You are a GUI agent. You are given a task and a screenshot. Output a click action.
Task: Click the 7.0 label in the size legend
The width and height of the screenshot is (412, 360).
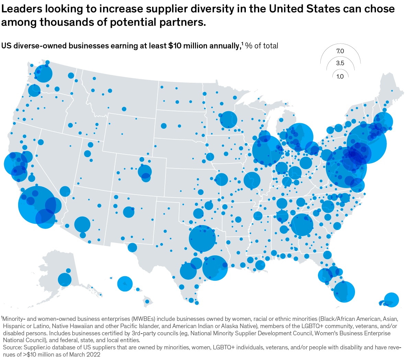(x=340, y=51)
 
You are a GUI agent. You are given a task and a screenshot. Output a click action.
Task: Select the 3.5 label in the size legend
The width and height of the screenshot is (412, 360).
(x=340, y=63)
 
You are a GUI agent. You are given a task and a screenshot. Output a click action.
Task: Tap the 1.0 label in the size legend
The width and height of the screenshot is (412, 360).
(x=340, y=76)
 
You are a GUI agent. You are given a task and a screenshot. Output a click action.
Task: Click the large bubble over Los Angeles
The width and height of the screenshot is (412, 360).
(x=37, y=205)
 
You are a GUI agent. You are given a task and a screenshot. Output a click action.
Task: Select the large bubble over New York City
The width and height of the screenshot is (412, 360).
(x=366, y=143)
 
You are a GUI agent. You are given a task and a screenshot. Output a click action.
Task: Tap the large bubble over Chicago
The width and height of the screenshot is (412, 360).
(x=267, y=150)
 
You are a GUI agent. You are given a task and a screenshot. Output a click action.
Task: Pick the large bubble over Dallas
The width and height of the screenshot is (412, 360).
(x=202, y=239)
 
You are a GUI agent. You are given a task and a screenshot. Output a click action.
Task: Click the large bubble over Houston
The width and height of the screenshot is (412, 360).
(x=215, y=268)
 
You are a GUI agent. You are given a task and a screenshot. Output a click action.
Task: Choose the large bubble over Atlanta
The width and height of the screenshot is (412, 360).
(x=301, y=224)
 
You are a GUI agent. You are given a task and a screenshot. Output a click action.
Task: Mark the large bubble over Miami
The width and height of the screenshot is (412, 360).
(x=344, y=291)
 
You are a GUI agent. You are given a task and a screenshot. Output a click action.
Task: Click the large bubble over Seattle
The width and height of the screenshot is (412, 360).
(x=44, y=73)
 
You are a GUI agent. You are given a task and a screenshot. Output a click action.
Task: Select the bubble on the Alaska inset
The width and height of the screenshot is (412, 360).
(x=65, y=279)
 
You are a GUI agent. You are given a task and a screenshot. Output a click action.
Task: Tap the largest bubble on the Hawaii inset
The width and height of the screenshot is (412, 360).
(x=125, y=284)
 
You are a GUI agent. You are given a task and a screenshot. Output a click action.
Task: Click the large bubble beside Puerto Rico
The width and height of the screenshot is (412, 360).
(x=391, y=300)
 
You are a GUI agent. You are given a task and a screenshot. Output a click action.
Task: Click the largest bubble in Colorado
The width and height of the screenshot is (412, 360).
(x=145, y=171)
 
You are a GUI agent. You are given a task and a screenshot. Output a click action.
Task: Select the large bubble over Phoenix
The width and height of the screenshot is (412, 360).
(x=82, y=224)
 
